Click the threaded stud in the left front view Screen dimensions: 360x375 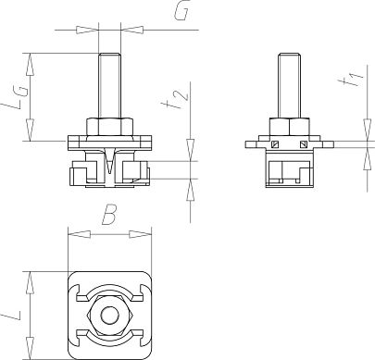(x=110, y=85)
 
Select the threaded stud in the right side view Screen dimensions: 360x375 (x=288, y=85)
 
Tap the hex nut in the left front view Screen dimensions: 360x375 (x=110, y=126)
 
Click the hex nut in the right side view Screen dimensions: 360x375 (x=288, y=126)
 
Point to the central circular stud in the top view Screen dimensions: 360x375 (x=110, y=317)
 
